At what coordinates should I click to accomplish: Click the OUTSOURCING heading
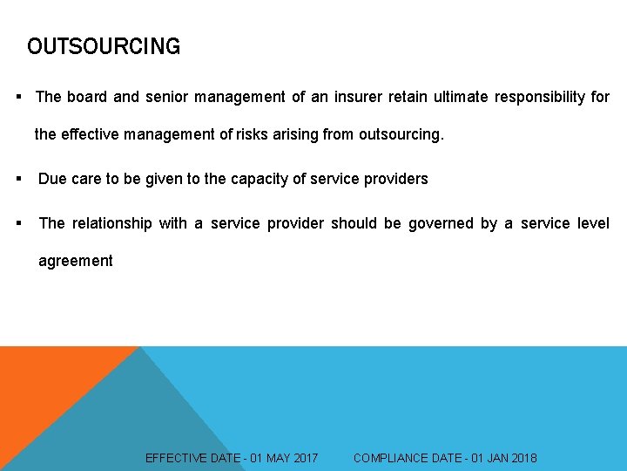104,46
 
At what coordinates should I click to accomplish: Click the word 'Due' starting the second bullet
52,179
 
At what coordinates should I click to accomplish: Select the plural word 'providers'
395,179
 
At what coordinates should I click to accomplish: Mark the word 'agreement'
76,261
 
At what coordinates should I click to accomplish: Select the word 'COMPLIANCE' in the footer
396,458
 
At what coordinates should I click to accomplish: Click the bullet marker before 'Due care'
18,179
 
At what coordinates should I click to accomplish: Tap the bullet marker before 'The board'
18,97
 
